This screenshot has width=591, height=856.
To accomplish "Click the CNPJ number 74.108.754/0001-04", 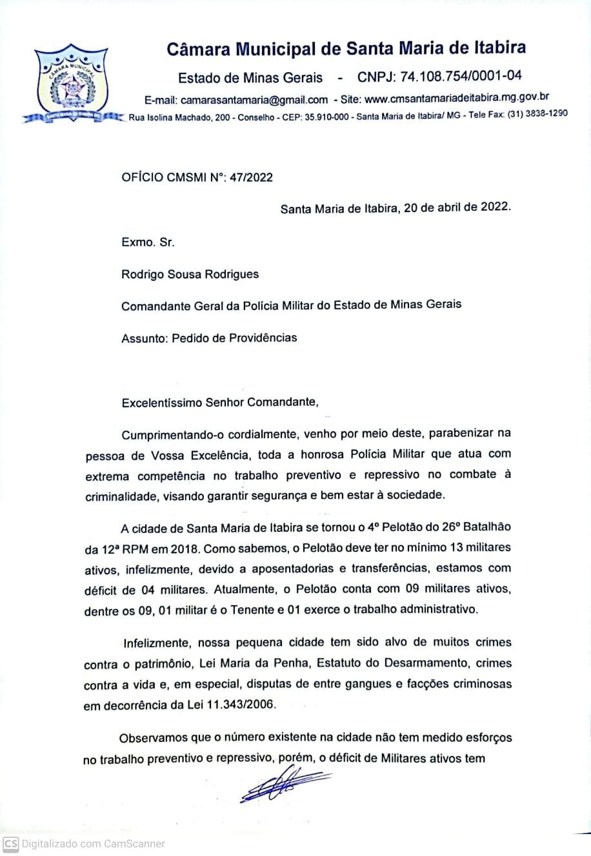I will tap(461, 77).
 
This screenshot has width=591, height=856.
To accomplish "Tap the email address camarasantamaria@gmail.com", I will tap(254, 100).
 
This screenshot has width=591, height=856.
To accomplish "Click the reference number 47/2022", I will tap(250, 177).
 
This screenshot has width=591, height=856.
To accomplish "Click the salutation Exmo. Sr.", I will tap(148, 242).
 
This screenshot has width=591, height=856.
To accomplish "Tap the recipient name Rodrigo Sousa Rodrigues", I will tap(190, 274).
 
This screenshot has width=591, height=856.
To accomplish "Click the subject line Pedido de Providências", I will tap(234, 337).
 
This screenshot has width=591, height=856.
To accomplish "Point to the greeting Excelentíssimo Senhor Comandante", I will tap(219, 403).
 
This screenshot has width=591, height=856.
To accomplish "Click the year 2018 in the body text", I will tap(183, 548).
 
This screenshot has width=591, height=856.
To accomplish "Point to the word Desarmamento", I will tap(420, 663).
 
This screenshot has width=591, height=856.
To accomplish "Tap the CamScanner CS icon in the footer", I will tap(10, 844).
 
